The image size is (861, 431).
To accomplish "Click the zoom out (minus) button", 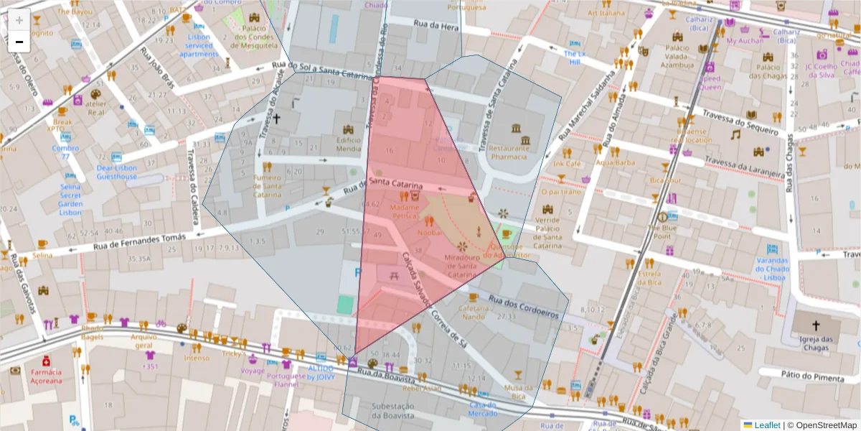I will click(19, 42).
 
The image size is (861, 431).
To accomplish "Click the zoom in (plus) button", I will click(19, 20).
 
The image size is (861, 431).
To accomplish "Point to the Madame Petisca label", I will click(404, 211).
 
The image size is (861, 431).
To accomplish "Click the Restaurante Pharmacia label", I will click(509, 152).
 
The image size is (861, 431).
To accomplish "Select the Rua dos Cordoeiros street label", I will click(523, 306).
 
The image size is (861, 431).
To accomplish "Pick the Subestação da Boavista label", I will click(392, 411).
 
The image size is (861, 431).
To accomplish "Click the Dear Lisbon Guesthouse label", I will click(117, 172).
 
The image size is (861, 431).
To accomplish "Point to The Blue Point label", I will click(661, 231).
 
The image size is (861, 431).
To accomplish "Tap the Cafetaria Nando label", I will click(473, 312).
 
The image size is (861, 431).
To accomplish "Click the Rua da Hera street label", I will click(436, 26).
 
